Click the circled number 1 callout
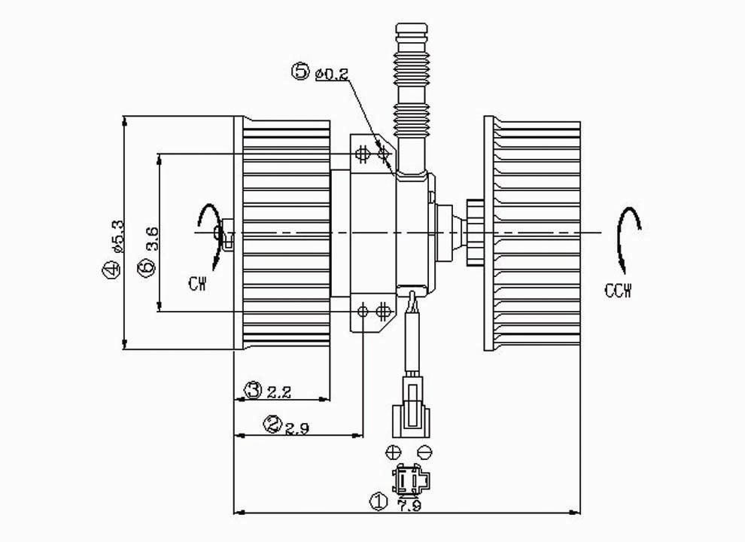click(378, 502)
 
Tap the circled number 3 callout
click(253, 390)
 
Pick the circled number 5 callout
click(301, 72)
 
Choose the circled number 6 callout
click(146, 267)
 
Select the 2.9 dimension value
click(297, 429)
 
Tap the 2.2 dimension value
click(278, 393)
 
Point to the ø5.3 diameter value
click(117, 236)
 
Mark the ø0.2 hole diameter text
click(331, 75)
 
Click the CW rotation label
click(198, 285)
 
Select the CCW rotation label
click(619, 291)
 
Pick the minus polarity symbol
click(424, 452)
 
